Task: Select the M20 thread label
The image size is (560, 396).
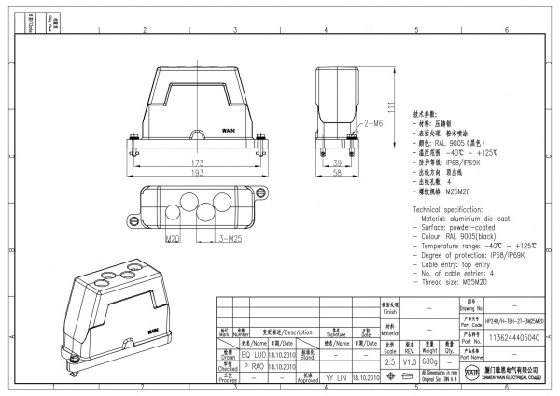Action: click(173, 240)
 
